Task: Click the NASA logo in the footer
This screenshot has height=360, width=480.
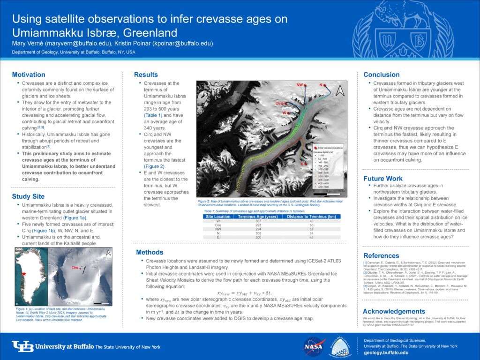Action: (x=312, y=347)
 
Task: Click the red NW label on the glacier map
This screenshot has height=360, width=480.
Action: (x=299, y=85)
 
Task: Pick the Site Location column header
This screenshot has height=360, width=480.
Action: (x=218, y=217)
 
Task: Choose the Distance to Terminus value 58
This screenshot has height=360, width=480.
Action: (x=311, y=233)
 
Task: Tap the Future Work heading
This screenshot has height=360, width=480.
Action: (x=383, y=179)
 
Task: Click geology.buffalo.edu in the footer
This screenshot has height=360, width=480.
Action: (x=387, y=352)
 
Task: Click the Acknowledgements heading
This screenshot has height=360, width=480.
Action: (x=394, y=311)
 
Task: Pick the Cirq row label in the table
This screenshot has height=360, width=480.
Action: (x=218, y=225)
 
